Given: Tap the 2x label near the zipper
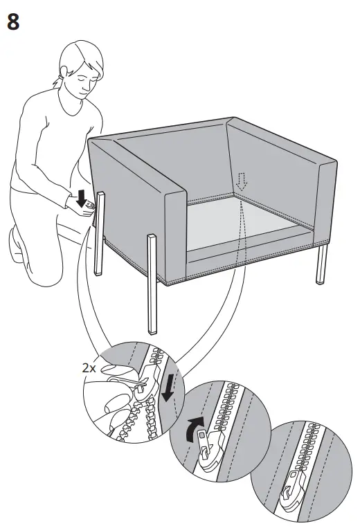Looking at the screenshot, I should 89,369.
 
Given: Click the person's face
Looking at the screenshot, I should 84,77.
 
